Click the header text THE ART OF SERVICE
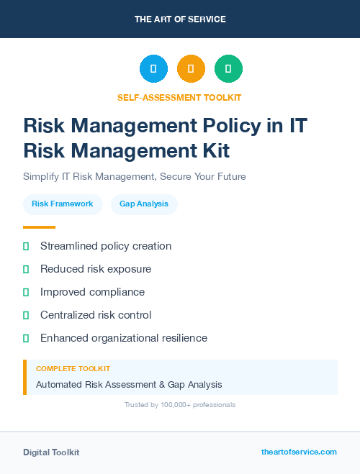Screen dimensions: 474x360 [180, 19]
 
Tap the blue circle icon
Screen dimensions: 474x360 [153, 69]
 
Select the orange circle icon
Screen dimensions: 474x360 [191, 69]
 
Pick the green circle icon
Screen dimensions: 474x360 [228, 69]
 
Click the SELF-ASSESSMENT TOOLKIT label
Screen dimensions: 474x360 [179, 97]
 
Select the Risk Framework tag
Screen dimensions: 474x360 [63, 204]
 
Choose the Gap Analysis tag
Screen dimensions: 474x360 [144, 204]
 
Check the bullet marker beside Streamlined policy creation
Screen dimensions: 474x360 [26, 246]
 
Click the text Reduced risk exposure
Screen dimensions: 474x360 [96, 269]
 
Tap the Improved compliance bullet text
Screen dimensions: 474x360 [92, 292]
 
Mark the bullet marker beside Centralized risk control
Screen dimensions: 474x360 [26, 315]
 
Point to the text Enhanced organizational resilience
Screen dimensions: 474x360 [124, 338]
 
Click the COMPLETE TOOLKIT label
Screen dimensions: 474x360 [73, 368]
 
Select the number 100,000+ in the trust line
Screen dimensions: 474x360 [173, 405]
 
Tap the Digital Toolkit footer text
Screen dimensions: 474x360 [51, 452]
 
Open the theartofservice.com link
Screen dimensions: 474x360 [299, 452]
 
